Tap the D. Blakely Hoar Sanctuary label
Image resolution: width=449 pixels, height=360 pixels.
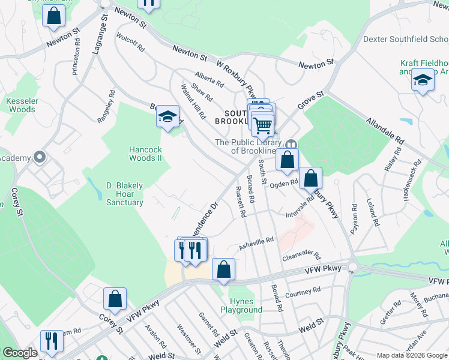125,194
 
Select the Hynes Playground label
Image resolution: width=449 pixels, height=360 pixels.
246,305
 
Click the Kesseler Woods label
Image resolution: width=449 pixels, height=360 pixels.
21,105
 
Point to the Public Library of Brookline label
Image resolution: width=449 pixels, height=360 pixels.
249,146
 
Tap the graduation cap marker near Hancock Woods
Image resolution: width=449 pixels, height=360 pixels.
168,116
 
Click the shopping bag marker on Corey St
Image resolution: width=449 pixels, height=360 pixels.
115,299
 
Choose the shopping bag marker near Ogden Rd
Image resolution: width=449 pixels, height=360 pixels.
310,178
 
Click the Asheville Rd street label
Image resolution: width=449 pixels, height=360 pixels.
256,242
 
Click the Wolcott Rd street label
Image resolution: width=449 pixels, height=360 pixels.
132,46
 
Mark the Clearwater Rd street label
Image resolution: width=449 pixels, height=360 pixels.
301,256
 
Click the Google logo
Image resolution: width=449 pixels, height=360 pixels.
20,353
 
